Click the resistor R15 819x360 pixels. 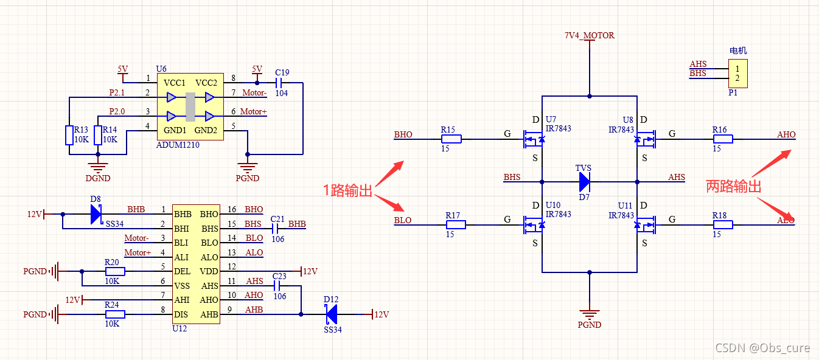click(451, 139)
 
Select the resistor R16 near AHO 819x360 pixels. click(722, 139)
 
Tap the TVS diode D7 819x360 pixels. click(584, 181)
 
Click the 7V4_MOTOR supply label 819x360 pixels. click(589, 35)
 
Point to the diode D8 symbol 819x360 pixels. click(96, 214)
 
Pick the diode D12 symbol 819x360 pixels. click(332, 314)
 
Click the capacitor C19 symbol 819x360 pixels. click(281, 82)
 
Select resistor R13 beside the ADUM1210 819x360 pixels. click(69, 135)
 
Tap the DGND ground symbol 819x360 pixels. click(97, 166)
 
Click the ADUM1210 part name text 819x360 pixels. click(178, 145)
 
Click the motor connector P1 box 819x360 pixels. click(737, 74)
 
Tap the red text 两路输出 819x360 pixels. click(733, 187)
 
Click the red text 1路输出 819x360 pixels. click(347, 190)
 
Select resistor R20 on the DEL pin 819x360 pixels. click(115, 271)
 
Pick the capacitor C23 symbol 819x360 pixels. click(279, 285)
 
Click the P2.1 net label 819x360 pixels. click(117, 93)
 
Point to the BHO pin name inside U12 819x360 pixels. click(209, 214)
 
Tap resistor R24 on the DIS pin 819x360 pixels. click(115, 314)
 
